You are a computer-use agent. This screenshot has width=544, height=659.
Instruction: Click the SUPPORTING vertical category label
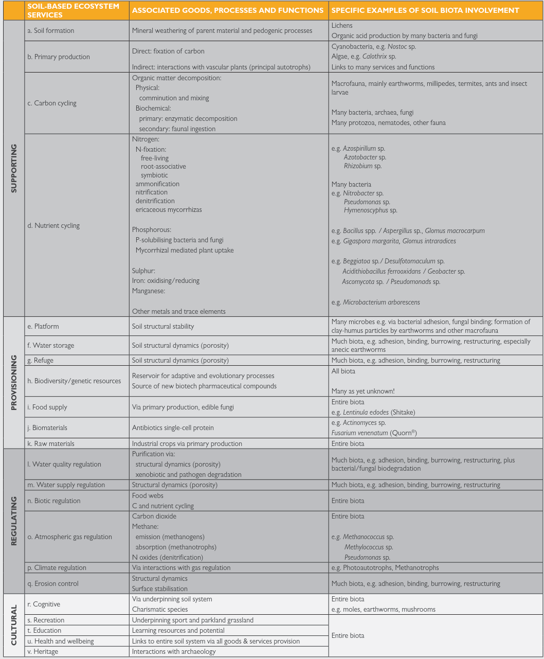point(14,168)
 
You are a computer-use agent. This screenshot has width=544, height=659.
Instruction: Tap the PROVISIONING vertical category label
point(14,382)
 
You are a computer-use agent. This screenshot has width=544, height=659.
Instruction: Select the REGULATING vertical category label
point(14,521)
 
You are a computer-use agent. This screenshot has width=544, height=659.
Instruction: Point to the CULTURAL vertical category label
point(14,625)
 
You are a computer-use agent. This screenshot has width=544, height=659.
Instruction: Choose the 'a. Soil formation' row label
point(50,31)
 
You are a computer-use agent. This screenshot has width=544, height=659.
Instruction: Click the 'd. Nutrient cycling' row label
point(53,225)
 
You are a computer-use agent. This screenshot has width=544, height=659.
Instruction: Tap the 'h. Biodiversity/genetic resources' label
point(74,381)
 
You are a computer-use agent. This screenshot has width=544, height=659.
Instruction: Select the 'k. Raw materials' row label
point(50,443)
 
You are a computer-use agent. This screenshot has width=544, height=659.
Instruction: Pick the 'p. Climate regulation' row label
point(57,567)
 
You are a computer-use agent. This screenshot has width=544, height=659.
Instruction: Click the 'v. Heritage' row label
point(43,651)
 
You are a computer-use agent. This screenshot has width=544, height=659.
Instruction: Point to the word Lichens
point(342,25)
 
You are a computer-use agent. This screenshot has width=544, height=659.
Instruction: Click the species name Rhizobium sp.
point(362,166)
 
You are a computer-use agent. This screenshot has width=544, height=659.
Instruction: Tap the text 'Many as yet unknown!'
point(363,391)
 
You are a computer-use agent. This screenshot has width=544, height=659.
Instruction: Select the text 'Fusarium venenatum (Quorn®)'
point(374,433)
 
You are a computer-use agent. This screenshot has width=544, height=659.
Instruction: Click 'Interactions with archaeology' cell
point(174,651)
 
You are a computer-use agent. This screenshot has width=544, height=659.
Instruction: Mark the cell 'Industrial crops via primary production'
point(187,443)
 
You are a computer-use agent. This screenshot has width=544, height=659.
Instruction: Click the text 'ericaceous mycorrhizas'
point(169,209)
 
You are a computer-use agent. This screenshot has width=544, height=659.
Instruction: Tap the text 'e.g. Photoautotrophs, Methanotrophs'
point(385,567)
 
